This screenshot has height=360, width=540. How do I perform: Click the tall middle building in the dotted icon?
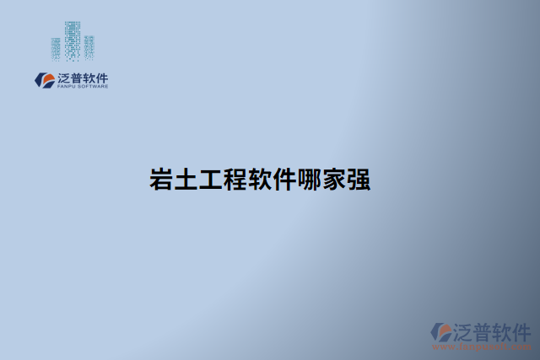coord(73,39)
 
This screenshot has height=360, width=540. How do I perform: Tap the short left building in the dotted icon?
coord(57,49)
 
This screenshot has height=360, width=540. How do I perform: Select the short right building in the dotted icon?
coord(89,46)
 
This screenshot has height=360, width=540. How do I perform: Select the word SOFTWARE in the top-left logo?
coord(93,86)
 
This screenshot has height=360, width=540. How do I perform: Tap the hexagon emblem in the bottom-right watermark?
coord(440,332)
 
